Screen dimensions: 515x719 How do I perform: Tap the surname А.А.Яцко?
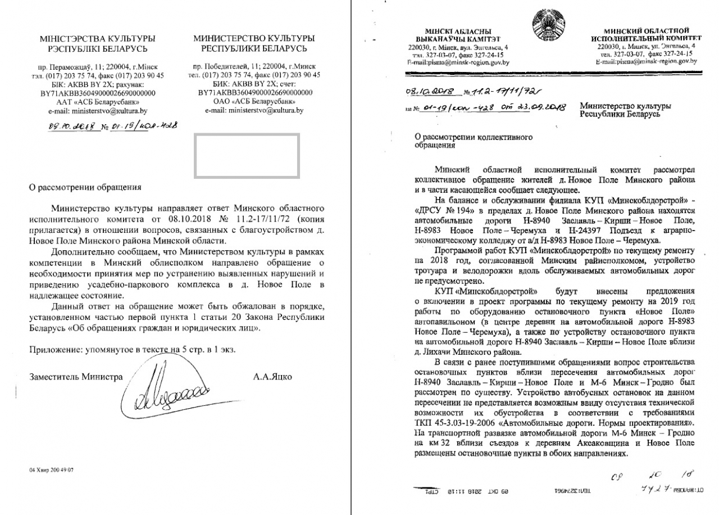pyautogui.click(x=273, y=376)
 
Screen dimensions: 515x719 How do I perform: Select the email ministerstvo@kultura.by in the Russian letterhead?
pyautogui.click(x=254, y=111)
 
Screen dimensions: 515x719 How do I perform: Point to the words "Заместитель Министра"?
pyautogui.click(x=75, y=377)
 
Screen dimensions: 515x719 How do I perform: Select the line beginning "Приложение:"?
pyautogui.click(x=133, y=349)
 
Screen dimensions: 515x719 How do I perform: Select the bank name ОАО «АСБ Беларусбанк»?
pyautogui.click(x=254, y=101)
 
